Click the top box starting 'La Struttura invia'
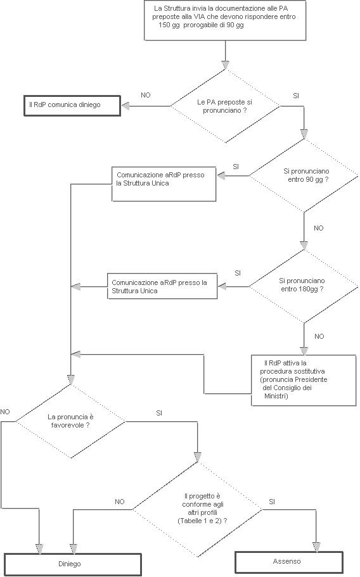pyautogui.click(x=225, y=20)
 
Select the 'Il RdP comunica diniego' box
pyautogui.click(x=72, y=105)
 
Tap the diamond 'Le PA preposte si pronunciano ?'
pyautogui.click(x=224, y=105)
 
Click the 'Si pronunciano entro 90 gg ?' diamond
pyautogui.click(x=304, y=175)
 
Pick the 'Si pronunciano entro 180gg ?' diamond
pyautogui.click(x=304, y=285)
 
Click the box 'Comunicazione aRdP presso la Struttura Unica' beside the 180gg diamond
pyautogui.click(x=162, y=286)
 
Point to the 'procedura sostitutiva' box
pyautogui.click(x=304, y=379)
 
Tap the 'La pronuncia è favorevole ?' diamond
pyautogui.click(x=70, y=421)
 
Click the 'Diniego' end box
pyautogui.click(x=72, y=563)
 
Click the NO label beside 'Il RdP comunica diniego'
pyautogui.click(x=146, y=95)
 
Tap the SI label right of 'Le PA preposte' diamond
pyautogui.click(x=296, y=95)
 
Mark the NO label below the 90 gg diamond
pyautogui.click(x=319, y=227)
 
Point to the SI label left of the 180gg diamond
pyautogui.click(x=238, y=273)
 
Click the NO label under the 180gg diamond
pyautogui.click(x=319, y=336)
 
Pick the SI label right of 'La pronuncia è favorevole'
pyautogui.click(x=159, y=413)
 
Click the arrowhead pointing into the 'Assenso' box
pyautogui.click(x=316, y=547)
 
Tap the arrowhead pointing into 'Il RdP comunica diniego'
pyautogui.click(x=125, y=105)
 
